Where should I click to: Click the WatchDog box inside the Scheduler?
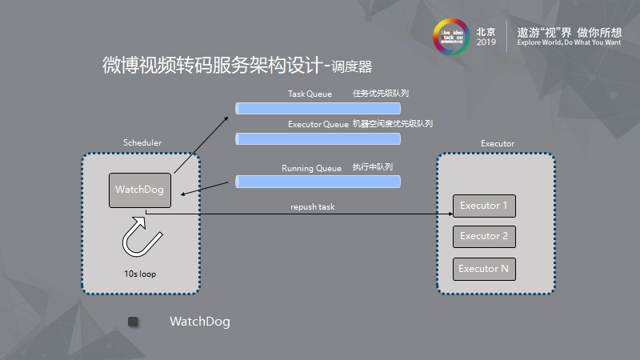(x=140, y=190)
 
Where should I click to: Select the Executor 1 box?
(x=484, y=206)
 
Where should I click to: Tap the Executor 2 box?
(x=484, y=236)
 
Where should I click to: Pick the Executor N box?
(x=484, y=269)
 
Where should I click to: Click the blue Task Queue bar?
(x=318, y=108)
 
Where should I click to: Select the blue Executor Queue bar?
(x=318, y=138)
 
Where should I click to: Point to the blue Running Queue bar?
(x=318, y=182)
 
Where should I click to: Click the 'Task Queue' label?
(x=310, y=94)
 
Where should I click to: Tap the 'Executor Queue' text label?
(x=318, y=124)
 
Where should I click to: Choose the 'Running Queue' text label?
(x=311, y=168)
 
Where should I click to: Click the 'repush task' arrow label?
(x=313, y=207)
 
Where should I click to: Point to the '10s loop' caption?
(x=140, y=274)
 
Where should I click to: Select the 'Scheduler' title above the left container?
(x=142, y=142)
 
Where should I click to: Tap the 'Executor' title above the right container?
(x=498, y=144)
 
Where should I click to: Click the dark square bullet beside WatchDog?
(x=133, y=322)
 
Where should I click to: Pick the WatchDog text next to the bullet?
(x=199, y=322)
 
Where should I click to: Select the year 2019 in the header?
(x=486, y=44)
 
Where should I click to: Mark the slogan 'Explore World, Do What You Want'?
(x=569, y=43)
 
